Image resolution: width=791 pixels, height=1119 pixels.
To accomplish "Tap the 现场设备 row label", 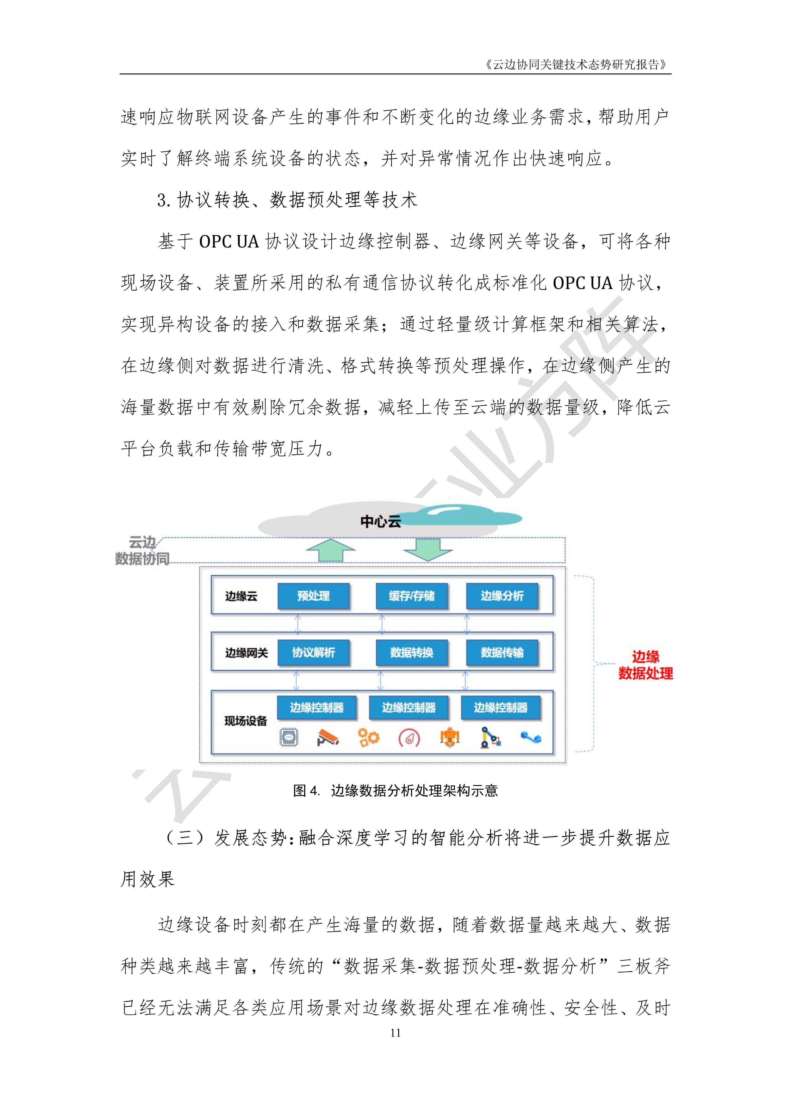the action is pos(245,721).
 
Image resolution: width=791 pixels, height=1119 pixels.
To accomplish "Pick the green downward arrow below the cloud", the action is pos(427,549).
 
